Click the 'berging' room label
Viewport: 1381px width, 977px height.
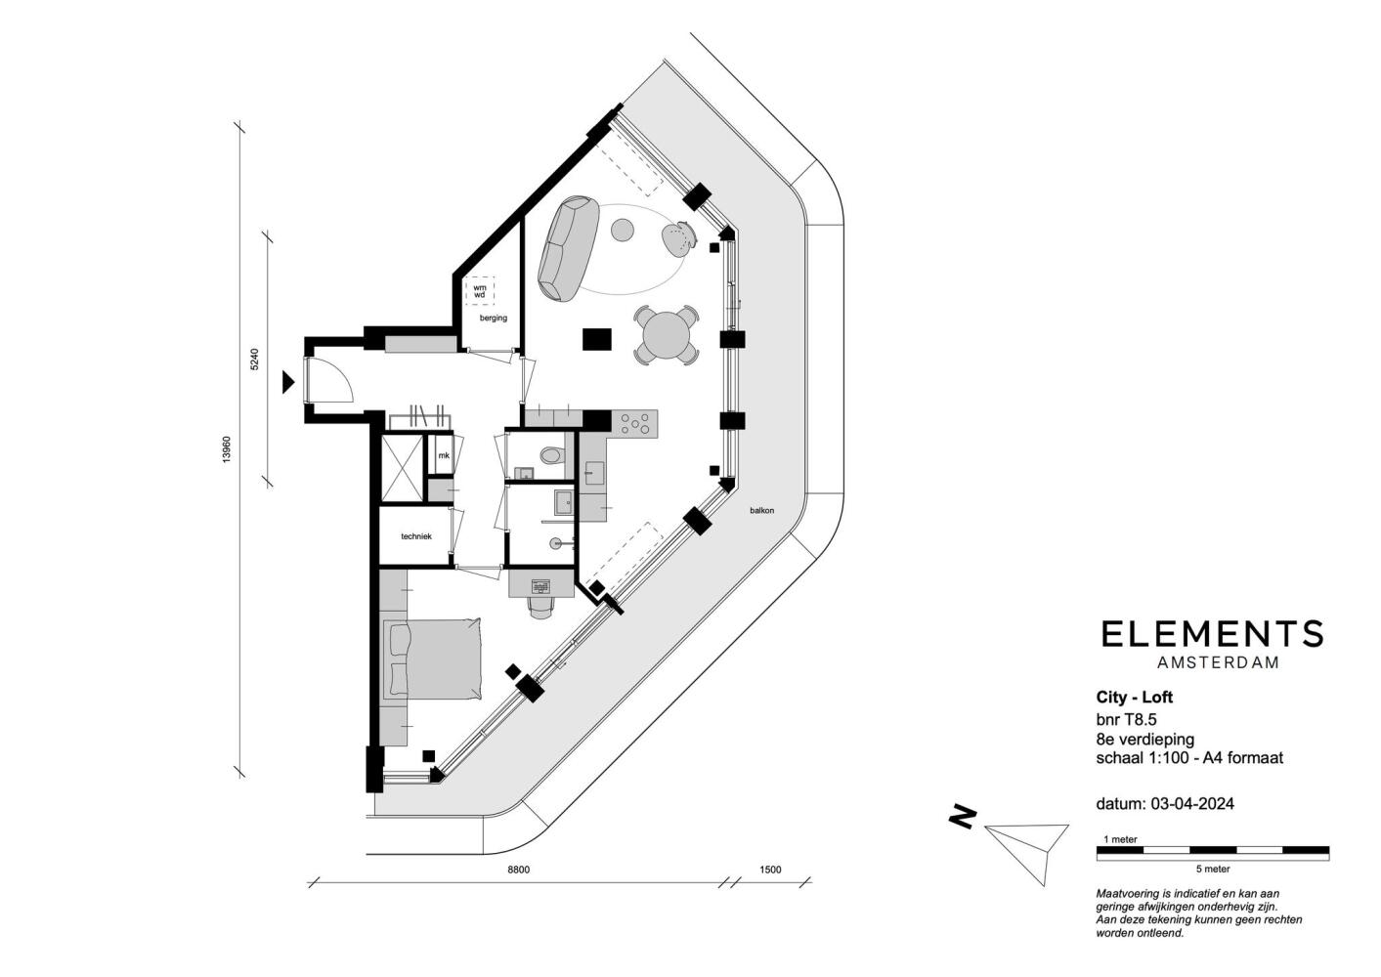[x=494, y=319]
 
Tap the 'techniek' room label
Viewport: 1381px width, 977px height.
[x=416, y=536]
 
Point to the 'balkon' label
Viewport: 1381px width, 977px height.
[x=762, y=510]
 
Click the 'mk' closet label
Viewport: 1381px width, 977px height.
[x=444, y=455]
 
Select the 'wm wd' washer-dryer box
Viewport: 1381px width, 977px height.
[x=480, y=291]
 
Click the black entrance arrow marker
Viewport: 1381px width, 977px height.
[x=288, y=382]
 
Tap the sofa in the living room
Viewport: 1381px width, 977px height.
[x=569, y=248]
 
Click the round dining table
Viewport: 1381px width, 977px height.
[x=666, y=335]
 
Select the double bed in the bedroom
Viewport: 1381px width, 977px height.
[x=432, y=658]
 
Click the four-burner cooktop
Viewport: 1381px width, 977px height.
[x=634, y=423]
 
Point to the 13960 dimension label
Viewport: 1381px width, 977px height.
[x=227, y=449]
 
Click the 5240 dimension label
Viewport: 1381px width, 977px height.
[x=255, y=360]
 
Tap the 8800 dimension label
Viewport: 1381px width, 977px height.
[x=519, y=870]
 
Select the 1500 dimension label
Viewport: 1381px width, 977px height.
[x=770, y=870]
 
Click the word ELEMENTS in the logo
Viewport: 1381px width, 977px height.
[x=1212, y=634]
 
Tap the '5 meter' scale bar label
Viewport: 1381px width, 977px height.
[x=1213, y=869]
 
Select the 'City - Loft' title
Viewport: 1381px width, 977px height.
[x=1135, y=698]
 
